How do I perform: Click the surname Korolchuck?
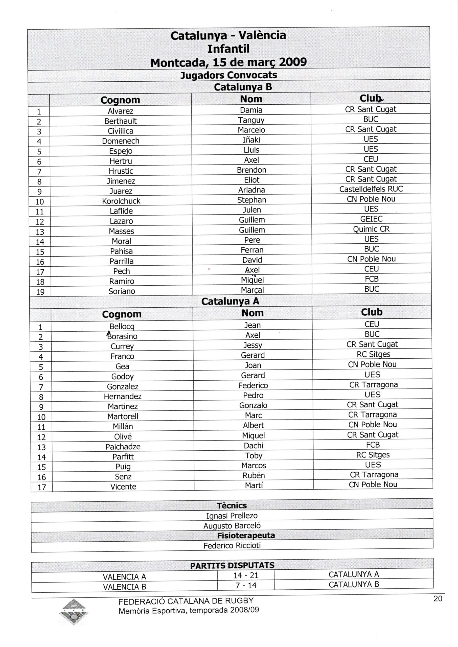[121, 201]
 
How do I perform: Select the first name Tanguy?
[251, 120]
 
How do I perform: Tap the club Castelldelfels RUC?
[371, 189]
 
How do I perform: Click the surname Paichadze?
[123, 447]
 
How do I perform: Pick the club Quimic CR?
[371, 229]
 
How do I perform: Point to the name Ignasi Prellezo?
[232, 516]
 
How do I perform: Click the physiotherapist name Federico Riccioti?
[232, 545]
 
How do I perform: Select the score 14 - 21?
[246, 575]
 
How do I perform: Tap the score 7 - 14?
[246, 586]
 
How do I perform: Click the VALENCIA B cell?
[124, 587]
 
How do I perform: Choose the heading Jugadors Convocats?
[228, 75]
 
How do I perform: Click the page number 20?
[438, 598]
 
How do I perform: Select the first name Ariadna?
[251, 190]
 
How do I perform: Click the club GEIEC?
[371, 219]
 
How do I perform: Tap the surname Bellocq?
[122, 327]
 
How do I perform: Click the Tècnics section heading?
[232, 505]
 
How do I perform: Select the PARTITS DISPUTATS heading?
[232, 566]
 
